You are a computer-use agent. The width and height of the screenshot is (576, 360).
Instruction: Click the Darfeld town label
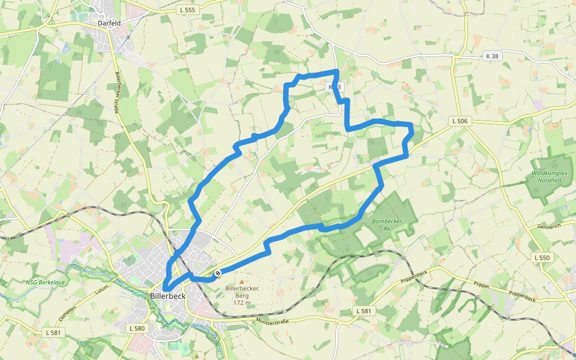110,23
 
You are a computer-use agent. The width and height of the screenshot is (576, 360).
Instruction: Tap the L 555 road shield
188,10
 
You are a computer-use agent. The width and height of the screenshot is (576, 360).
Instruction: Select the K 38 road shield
491,56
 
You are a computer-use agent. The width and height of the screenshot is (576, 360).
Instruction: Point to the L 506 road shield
461,121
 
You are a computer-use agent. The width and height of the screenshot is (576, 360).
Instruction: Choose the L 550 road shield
541,257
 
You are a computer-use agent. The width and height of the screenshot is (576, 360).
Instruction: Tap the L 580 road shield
137,328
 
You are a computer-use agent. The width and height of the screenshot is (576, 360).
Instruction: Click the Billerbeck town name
167,296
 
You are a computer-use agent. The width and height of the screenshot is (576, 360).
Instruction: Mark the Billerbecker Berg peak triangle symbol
242,281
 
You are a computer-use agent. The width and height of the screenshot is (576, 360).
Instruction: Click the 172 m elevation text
241,302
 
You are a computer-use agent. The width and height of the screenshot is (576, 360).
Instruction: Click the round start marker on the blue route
218,274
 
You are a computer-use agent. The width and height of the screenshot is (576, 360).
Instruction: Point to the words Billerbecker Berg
241,292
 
